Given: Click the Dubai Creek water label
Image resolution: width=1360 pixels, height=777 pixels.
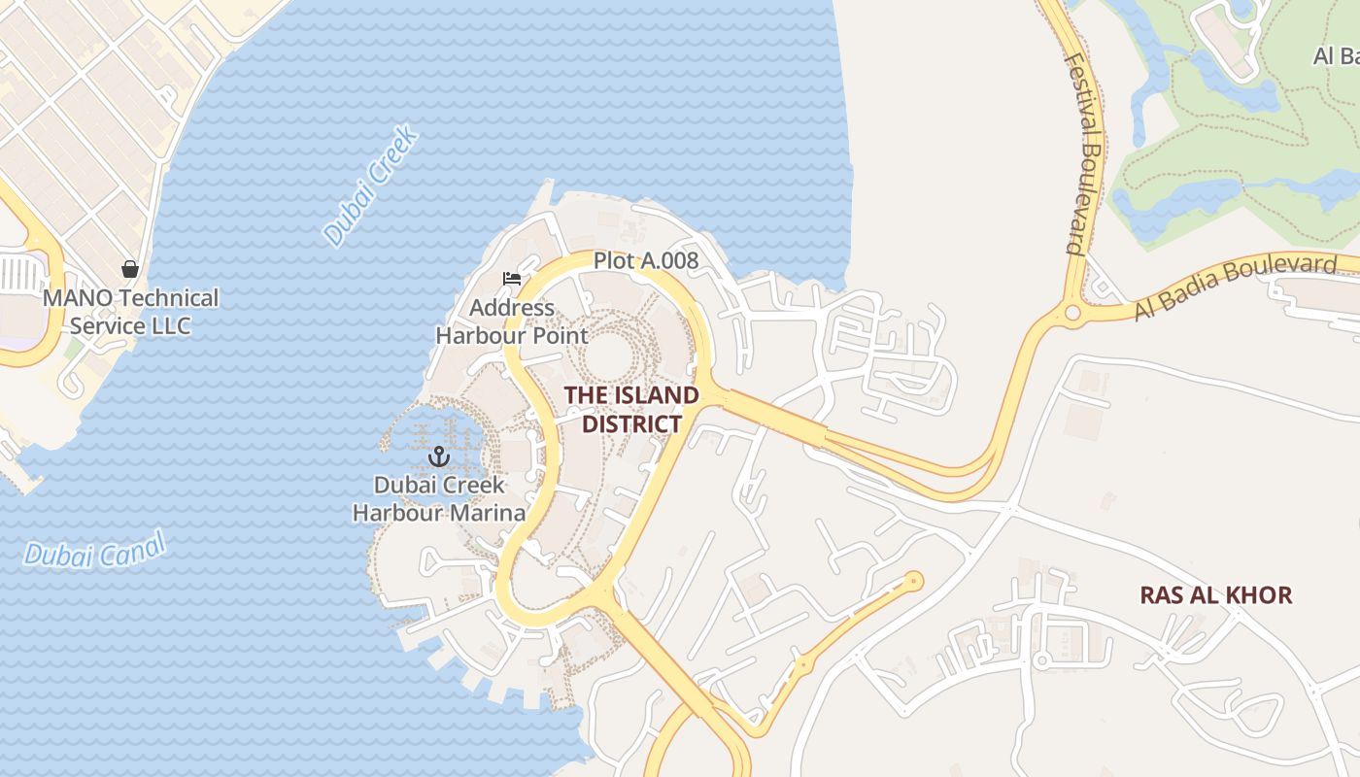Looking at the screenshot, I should click(371, 185).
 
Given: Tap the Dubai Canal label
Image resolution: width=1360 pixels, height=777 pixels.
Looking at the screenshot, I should click(95, 551).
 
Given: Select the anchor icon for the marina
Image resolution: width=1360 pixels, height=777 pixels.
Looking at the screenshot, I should click(439, 456).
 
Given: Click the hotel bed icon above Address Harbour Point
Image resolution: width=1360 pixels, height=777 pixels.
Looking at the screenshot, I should click(512, 280).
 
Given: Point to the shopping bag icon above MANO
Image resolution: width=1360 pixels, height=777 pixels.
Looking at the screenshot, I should click(130, 268).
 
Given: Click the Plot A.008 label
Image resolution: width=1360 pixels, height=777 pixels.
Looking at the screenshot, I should click(646, 260).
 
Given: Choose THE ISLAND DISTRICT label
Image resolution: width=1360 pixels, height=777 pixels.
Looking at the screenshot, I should click(631, 410).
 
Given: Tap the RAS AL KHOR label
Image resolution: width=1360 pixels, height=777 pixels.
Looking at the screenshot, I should click(1216, 595).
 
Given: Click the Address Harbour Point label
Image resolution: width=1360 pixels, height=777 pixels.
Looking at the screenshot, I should click(512, 322).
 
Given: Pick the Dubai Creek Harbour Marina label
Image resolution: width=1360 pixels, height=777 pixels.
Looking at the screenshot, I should click(439, 498).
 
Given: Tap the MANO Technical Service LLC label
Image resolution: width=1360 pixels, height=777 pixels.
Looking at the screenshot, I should click(130, 312).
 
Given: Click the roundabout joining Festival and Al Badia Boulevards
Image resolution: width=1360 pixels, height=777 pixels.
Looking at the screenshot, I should click(1072, 313).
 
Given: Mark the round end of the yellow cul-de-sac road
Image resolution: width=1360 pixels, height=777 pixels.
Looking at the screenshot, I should click(913, 581).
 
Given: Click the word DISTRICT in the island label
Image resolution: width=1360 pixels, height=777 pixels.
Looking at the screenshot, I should click(631, 424).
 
